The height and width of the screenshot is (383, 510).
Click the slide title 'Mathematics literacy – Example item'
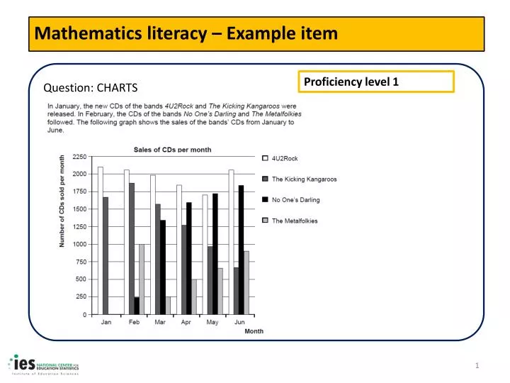pyautogui.click(x=187, y=33)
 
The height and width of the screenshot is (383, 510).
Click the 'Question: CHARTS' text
pyautogui.click(x=91, y=88)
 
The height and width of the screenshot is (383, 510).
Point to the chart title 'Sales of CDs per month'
pyautogui.click(x=173, y=150)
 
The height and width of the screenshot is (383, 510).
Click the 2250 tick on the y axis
pyautogui.click(x=79, y=157)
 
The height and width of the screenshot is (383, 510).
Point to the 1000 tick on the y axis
pyautogui.click(x=79, y=244)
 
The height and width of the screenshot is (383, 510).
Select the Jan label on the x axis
pyautogui.click(x=106, y=322)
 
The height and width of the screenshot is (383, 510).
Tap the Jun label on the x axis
pyautogui.click(x=239, y=322)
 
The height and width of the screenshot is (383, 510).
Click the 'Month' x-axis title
pyautogui.click(x=254, y=331)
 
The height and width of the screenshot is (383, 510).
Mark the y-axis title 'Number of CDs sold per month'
pyautogui.click(x=62, y=201)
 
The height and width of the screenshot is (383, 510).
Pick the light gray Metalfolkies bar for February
pyautogui.click(x=142, y=279)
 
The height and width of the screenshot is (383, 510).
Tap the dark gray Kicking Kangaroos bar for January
pyautogui.click(x=106, y=255)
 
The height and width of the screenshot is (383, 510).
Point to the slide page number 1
pyautogui.click(x=477, y=365)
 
